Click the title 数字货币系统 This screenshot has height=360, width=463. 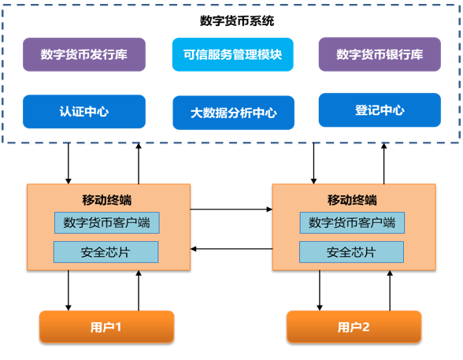tap(237, 20)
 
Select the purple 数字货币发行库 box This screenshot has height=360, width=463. tap(84, 54)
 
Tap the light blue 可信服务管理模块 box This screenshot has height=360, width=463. tap(233, 54)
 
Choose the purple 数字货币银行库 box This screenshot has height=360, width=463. tap(380, 54)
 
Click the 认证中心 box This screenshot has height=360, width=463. tap(84, 111)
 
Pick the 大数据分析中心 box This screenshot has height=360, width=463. tap(234, 113)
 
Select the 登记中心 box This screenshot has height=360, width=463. tap(380, 109)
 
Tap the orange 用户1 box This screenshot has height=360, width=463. tap(106, 327)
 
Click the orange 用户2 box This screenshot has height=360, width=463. tap(354, 327)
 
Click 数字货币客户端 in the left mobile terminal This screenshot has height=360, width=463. tap(107, 223)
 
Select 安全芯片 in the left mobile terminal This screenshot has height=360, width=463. tap(106, 252)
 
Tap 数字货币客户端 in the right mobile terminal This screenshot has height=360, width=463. tap(352, 223)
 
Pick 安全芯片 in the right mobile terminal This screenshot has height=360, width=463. tap(351, 252)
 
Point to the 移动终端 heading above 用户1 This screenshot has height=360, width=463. tap(107, 200)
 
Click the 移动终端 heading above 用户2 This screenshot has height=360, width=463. tap(352, 200)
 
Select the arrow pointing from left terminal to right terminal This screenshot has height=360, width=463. tap(231, 210)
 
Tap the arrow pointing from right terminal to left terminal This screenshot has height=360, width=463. tap(231, 249)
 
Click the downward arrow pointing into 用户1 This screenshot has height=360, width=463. tap(69, 291)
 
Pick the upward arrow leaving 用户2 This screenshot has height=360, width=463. tap(390, 291)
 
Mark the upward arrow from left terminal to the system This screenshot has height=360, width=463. tap(139, 163)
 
